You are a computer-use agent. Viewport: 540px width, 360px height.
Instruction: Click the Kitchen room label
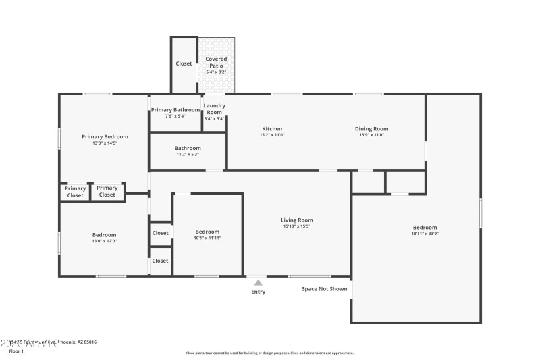tap(272, 128)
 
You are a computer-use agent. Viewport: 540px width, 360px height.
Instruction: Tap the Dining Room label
tap(371, 128)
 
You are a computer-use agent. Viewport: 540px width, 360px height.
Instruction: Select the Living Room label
tap(297, 220)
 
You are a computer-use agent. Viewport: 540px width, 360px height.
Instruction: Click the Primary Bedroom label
tap(105, 136)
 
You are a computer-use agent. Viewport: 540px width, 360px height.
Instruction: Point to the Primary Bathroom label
tap(175, 110)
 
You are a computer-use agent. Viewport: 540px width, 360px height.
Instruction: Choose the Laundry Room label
tap(215, 109)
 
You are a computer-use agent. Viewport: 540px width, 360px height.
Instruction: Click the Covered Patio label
tap(216, 61)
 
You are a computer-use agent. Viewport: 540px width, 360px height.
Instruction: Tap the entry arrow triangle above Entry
tap(258, 282)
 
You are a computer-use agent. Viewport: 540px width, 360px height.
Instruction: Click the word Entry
tap(259, 292)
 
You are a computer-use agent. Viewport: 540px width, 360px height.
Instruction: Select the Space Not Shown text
tap(325, 288)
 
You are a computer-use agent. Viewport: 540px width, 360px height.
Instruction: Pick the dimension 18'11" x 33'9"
tap(425, 234)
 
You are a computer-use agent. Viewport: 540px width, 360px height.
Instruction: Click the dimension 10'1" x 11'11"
tap(207, 238)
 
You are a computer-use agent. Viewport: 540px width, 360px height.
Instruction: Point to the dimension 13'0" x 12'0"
tap(105, 241)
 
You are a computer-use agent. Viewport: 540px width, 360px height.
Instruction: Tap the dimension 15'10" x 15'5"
tap(297, 226)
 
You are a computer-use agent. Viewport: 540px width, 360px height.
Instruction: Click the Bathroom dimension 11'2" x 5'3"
tap(188, 154)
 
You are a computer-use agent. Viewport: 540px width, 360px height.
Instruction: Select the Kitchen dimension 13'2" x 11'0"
tap(272, 134)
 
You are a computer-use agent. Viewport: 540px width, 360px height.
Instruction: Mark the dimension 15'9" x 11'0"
tap(371, 134)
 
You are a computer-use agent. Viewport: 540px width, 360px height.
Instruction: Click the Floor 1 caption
tap(16, 351)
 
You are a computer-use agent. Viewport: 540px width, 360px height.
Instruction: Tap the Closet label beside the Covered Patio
tap(184, 63)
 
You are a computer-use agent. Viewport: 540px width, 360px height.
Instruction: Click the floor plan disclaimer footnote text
tap(269, 353)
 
